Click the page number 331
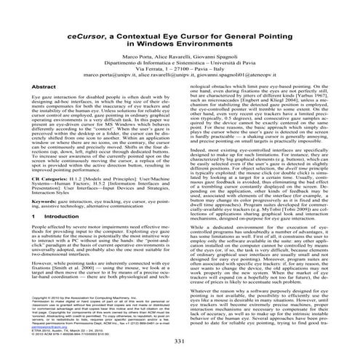click(180, 342)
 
